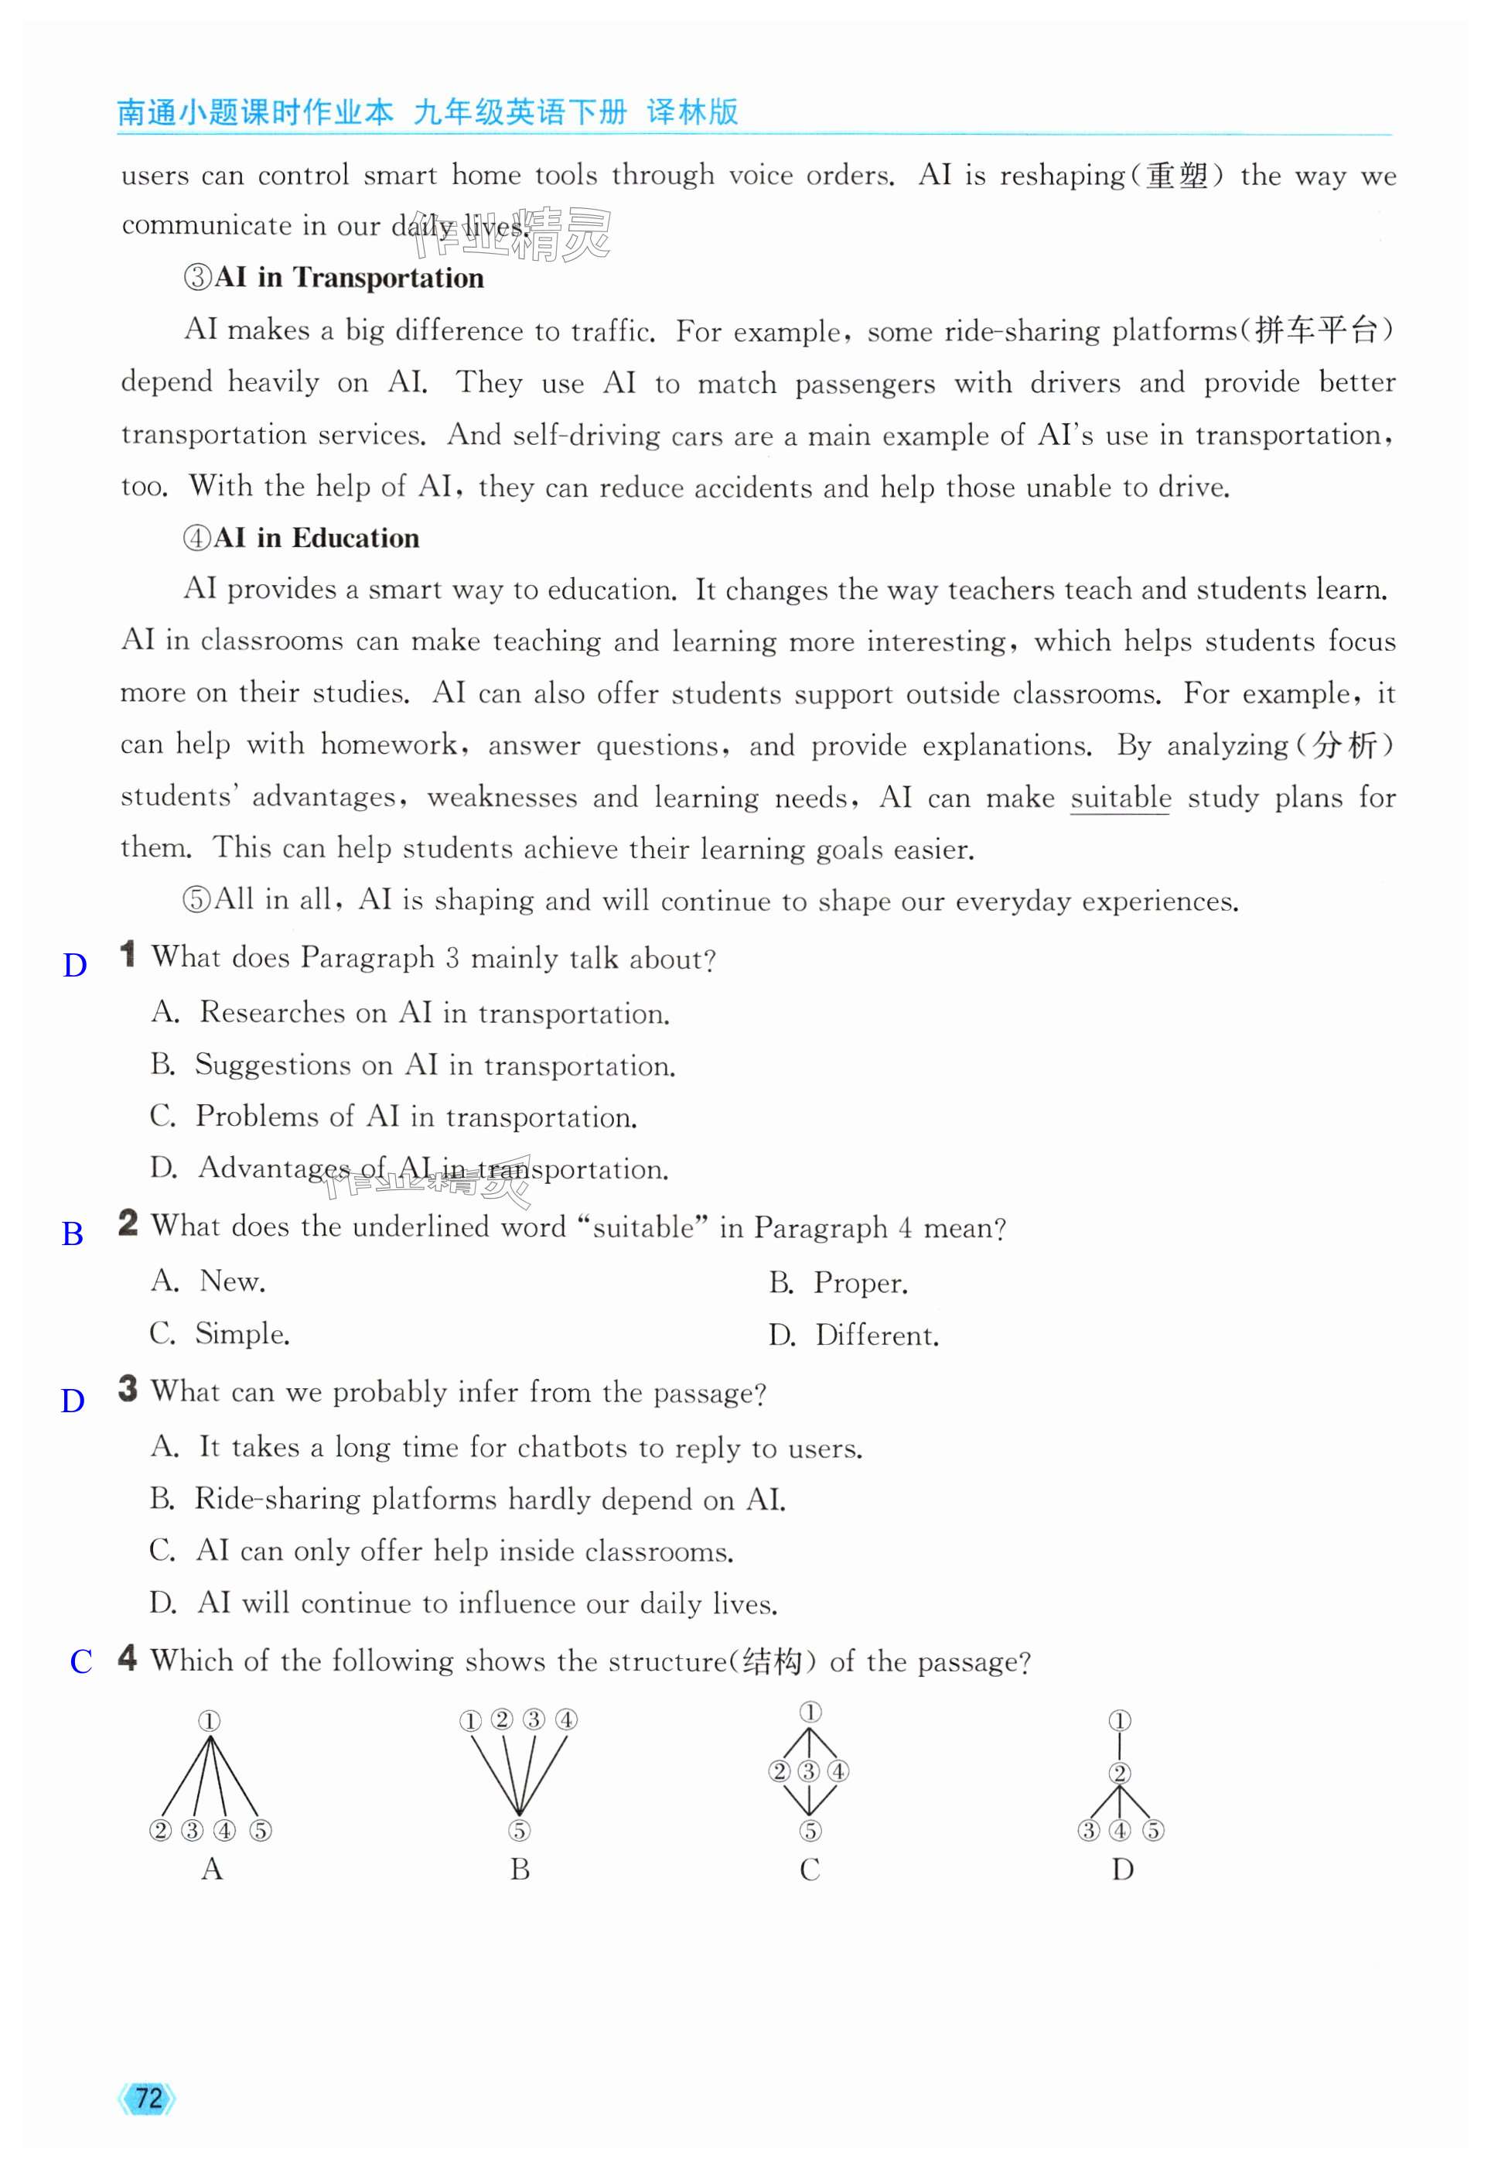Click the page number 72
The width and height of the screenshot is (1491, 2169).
point(148,2099)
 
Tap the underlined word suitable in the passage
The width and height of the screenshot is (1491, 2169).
point(1120,797)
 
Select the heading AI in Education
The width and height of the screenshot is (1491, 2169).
point(316,539)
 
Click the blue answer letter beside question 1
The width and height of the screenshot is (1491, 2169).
point(75,966)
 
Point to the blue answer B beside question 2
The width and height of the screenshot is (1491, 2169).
point(72,1233)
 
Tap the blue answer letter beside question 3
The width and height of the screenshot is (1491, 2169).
point(73,1401)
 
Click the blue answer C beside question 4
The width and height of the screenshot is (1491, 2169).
point(81,1661)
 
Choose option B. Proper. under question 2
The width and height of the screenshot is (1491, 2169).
point(838,1282)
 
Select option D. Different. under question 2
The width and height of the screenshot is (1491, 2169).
point(854,1335)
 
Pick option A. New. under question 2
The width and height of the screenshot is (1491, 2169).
point(208,1281)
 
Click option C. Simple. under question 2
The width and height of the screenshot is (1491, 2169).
point(220,1333)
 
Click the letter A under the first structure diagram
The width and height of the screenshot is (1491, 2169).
point(212,1869)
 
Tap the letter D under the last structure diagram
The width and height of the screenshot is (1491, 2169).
point(1123,1869)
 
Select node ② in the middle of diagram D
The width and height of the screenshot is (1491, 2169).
point(1120,1773)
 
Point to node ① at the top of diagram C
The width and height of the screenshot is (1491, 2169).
point(810,1712)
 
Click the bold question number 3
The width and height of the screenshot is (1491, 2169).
point(128,1390)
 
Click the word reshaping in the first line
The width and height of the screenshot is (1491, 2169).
point(1063,176)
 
